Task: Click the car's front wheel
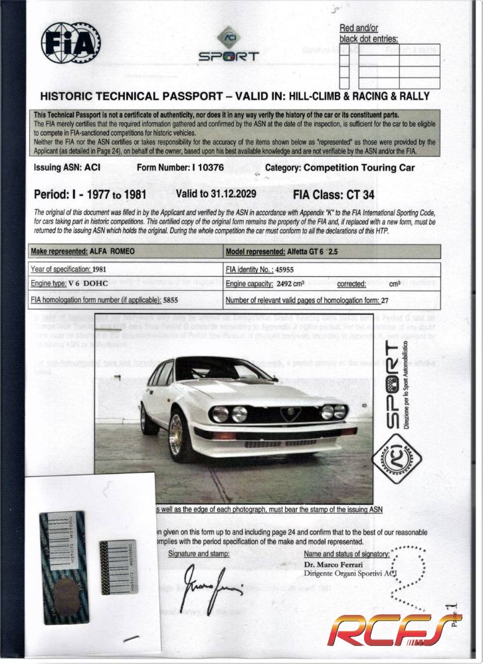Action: click(177, 435)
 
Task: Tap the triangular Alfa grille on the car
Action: click(290, 414)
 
